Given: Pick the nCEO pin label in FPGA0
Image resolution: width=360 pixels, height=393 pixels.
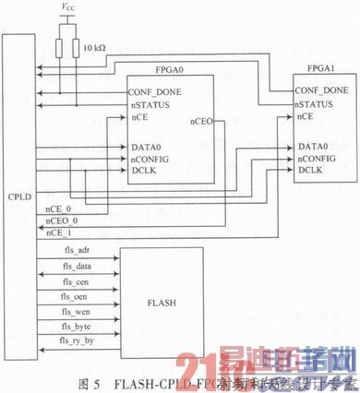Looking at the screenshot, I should click(203, 121).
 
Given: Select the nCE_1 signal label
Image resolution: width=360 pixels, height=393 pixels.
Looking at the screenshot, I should click(58, 233).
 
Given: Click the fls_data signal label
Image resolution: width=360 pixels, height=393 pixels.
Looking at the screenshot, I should click(77, 266).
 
